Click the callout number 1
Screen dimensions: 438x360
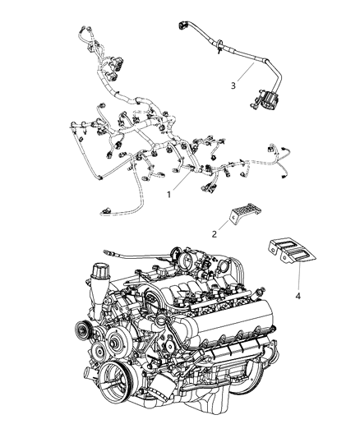coord(169,195)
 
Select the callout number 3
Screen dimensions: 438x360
coord(233,85)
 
